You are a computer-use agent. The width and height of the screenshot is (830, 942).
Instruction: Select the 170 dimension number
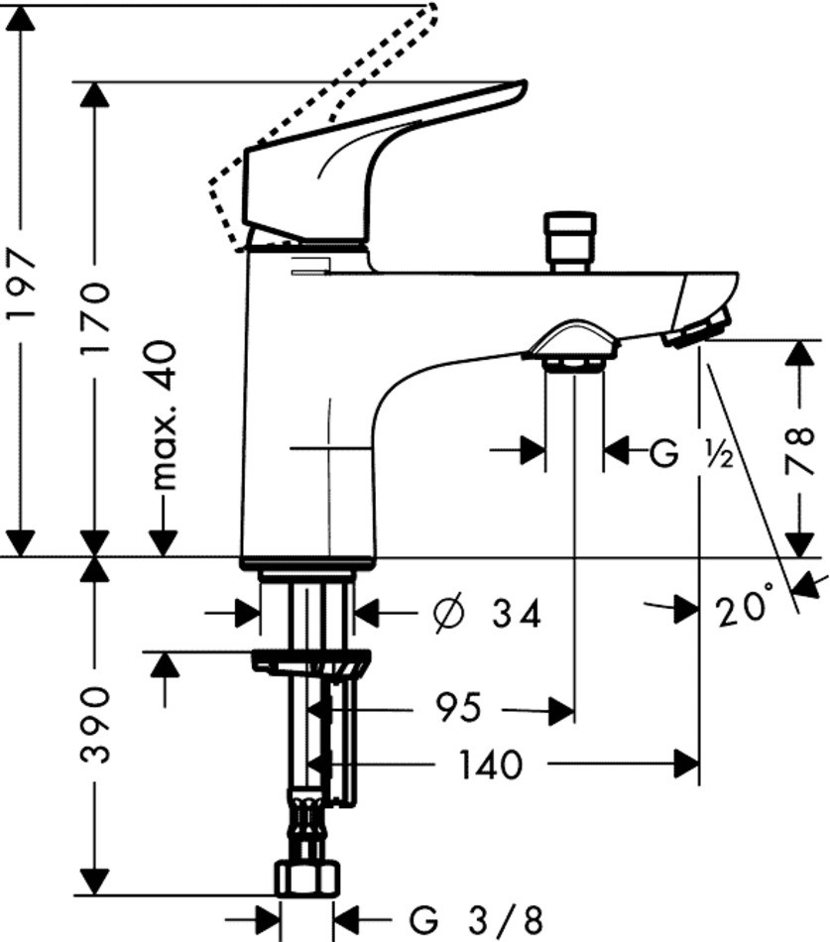[x=96, y=319]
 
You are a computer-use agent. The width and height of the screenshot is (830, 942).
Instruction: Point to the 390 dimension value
[x=96, y=725]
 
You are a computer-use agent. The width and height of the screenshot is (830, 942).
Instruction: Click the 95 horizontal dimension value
[x=458, y=708]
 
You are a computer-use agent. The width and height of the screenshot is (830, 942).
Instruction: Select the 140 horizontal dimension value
[x=489, y=765]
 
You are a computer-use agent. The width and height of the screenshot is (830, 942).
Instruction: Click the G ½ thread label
[x=690, y=453]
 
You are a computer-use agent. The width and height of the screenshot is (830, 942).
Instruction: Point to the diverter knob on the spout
[x=574, y=238]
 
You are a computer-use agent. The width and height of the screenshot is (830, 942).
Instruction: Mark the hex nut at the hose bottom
[x=307, y=878]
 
